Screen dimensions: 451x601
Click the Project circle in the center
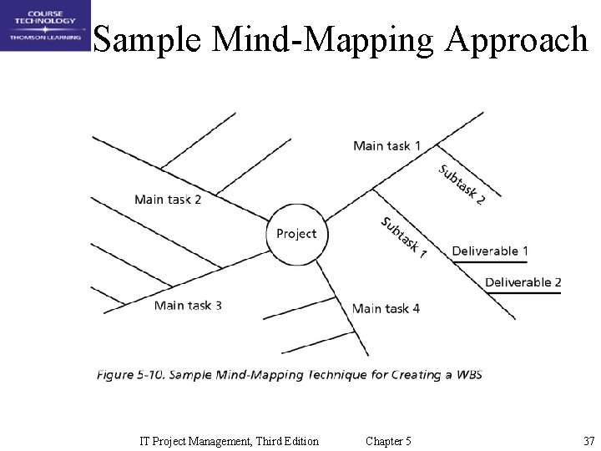coord(296,234)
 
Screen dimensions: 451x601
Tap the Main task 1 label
coord(386,146)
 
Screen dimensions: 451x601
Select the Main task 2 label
coord(168,200)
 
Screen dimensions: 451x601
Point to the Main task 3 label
coord(188,306)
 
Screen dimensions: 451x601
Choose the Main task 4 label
coord(386,309)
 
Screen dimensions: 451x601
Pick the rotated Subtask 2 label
coord(462,184)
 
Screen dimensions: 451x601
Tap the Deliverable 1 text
coord(490,251)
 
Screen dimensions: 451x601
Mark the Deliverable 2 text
coord(523,282)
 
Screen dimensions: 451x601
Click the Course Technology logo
coord(45,26)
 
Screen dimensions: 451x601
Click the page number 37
coord(588,441)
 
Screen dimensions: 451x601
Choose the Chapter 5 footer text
coord(388,441)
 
